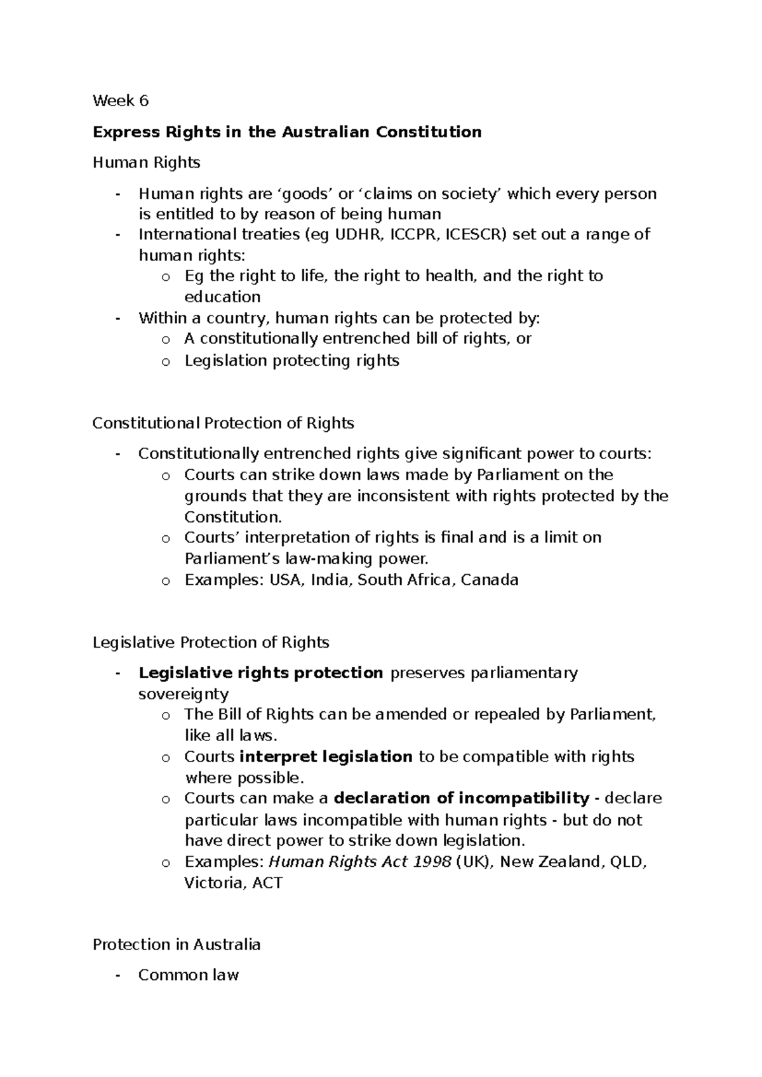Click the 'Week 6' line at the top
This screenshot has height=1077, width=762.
click(121, 100)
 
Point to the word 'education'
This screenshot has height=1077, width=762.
click(222, 297)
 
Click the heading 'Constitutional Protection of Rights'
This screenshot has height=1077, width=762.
click(223, 423)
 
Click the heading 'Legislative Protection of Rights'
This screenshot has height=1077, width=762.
click(211, 642)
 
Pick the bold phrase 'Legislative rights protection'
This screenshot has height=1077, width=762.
click(260, 672)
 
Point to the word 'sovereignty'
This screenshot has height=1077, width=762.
click(184, 693)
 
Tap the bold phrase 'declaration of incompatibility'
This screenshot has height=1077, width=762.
click(462, 798)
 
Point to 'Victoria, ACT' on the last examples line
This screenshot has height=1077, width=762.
click(233, 883)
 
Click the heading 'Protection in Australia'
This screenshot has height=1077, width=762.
click(177, 944)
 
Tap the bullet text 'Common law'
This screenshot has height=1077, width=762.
click(188, 975)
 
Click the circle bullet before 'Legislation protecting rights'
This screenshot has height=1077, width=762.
click(166, 361)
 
